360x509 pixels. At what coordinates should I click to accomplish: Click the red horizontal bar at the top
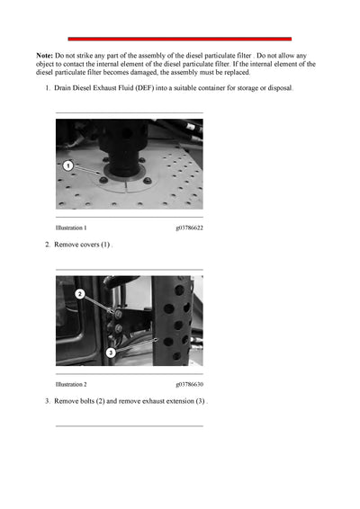180,39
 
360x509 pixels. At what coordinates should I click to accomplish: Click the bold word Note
45,56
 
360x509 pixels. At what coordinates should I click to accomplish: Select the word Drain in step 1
64,88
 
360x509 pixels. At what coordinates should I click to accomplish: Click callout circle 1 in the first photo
67,165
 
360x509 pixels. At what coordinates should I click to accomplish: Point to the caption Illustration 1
71,228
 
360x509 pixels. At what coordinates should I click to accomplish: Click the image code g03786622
189,228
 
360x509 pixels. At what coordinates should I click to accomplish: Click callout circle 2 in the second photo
80,294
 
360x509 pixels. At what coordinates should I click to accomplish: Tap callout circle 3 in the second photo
110,352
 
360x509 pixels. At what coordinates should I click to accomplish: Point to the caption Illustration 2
71,384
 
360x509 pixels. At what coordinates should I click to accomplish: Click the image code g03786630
189,384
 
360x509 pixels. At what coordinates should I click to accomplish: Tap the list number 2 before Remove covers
47,245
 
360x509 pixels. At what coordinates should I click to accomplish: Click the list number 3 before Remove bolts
47,400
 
